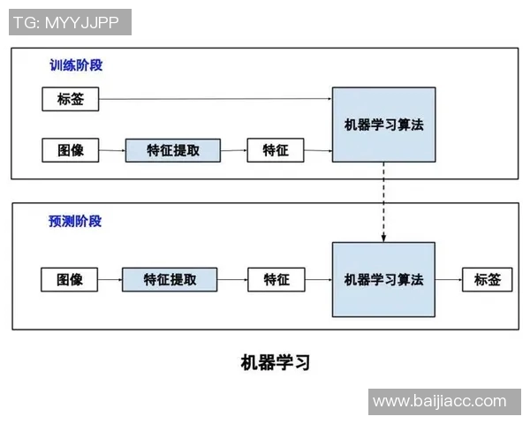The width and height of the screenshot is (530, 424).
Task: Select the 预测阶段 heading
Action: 75,221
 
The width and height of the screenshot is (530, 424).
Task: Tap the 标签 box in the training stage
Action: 71,99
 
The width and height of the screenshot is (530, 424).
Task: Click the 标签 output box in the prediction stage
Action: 487,280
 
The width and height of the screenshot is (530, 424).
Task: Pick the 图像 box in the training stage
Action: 71,150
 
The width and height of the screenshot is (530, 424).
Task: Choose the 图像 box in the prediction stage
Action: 70,280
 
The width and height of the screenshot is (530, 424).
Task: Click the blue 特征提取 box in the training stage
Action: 173,150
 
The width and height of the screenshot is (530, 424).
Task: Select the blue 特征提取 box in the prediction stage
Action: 170,280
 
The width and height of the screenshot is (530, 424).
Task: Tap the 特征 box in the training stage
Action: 276,150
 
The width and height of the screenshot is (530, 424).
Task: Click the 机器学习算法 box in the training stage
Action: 383,125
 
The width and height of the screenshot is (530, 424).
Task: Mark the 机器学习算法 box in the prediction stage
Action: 383,280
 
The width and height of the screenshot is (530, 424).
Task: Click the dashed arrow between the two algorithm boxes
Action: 383,202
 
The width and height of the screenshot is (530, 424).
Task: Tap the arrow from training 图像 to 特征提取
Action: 111,150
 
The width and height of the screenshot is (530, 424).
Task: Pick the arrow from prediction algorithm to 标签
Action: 449,280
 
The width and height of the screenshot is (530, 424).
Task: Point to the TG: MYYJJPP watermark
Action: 70,22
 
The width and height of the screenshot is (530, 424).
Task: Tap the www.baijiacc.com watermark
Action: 439,401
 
